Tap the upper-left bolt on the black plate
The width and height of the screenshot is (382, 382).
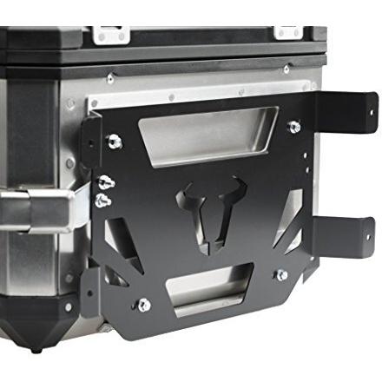[114, 142]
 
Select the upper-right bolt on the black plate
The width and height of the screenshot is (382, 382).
[293, 128]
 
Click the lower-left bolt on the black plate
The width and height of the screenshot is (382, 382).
[143, 305]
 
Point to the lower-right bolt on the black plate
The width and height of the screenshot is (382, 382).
[280, 275]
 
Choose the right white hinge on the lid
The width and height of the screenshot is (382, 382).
[288, 32]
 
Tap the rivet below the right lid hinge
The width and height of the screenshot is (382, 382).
[286, 69]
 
